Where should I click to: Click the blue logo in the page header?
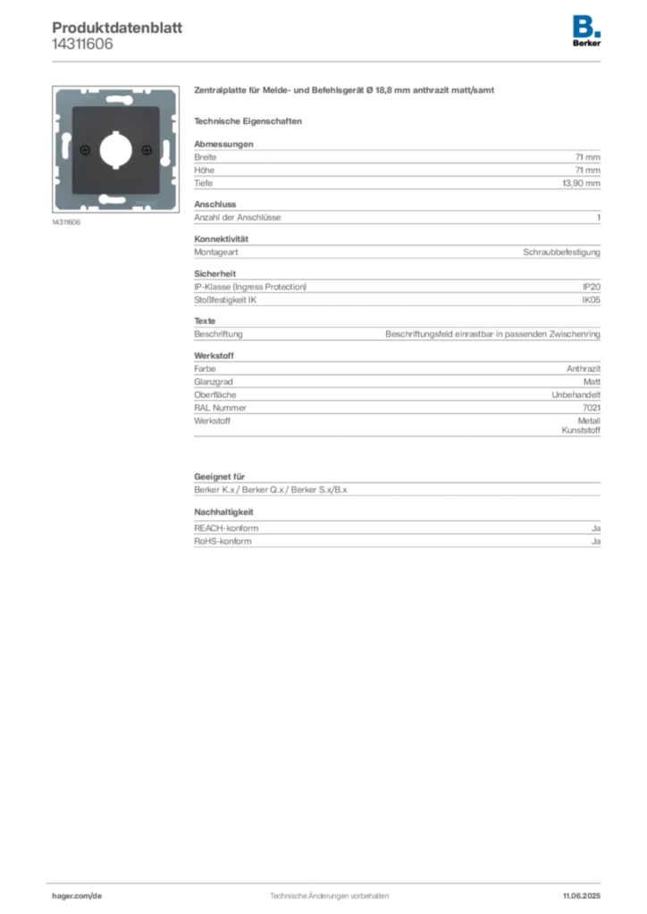(x=586, y=24)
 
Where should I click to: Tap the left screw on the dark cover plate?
(x=84, y=149)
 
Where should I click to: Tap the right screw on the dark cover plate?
(x=146, y=149)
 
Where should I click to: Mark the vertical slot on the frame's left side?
(x=63, y=147)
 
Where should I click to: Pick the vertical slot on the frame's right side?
(x=166, y=148)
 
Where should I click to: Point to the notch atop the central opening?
(x=114, y=135)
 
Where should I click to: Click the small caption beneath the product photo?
(x=68, y=220)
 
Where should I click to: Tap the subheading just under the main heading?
(x=250, y=120)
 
